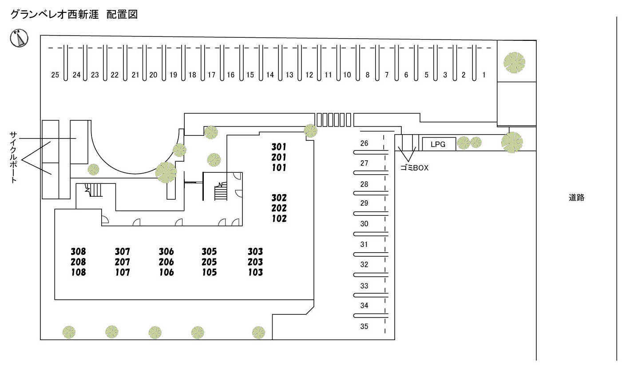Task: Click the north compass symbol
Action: (19, 38)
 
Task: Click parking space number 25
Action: (55, 75)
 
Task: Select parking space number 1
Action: (484, 75)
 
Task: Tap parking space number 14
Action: (270, 75)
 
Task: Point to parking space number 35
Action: (364, 326)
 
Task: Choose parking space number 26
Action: (364, 143)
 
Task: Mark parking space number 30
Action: (364, 224)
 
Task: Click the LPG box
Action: (438, 144)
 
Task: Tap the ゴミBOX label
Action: (414, 168)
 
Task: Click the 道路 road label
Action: (576, 198)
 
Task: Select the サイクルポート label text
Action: (14, 157)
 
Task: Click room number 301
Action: (279, 147)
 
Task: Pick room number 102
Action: (279, 218)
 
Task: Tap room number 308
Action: (78, 252)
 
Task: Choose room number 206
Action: (166, 262)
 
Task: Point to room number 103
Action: (255, 272)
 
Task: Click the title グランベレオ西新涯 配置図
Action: (74, 15)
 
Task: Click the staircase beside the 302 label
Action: (221, 192)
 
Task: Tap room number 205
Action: (209, 262)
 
